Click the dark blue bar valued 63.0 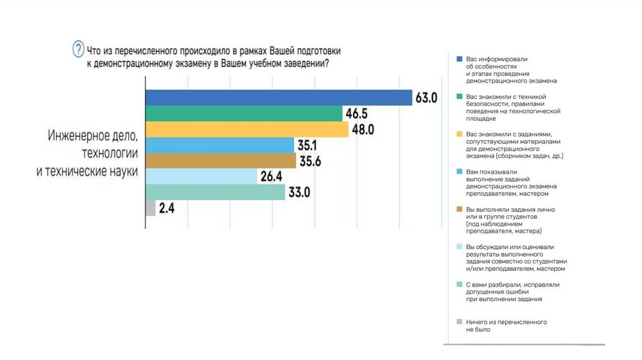[x=278, y=98]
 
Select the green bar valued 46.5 [x=244, y=114]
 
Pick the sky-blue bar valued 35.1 [x=219, y=145]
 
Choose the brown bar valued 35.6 [x=221, y=161]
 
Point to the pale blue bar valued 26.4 [x=201, y=176]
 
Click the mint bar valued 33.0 [x=215, y=192]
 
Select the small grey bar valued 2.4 [x=150, y=208]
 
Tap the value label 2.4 [x=167, y=208]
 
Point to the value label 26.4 [x=271, y=177]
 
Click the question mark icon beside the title [x=78, y=48]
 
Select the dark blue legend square [x=460, y=59]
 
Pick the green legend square [x=460, y=97]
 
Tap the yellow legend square [x=460, y=134]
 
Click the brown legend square [x=460, y=209]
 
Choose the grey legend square [x=460, y=322]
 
